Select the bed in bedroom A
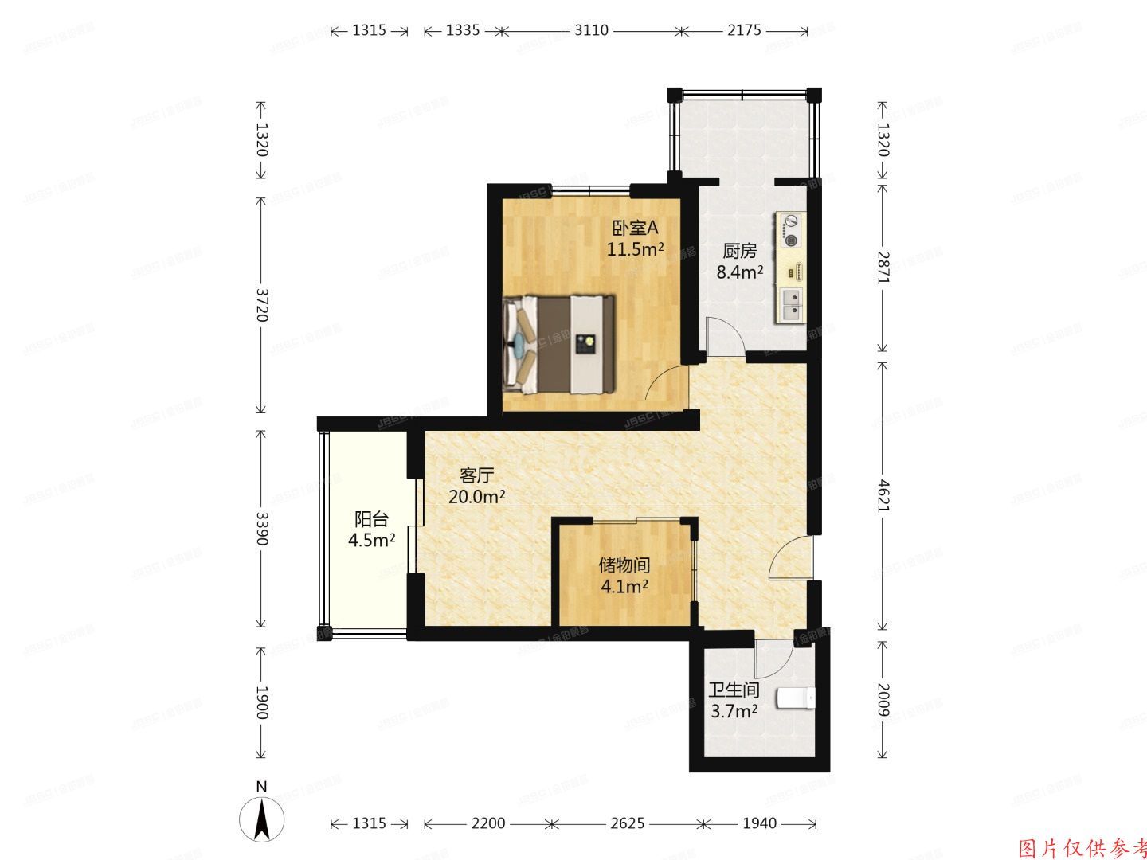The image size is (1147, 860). pos(559,344)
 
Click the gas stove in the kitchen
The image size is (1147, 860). pos(791,229)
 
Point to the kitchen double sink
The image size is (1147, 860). pos(790,305)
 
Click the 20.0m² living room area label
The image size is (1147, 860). pos(477,497)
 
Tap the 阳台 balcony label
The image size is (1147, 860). pos(371,519)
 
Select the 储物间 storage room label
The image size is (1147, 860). pos(624,565)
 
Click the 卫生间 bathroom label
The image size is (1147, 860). pos(734,690)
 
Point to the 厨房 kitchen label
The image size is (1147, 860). pos(739,252)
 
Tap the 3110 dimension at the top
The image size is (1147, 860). pos(591,30)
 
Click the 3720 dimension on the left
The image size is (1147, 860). pos(261,304)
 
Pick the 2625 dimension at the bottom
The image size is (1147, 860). pos(627,823)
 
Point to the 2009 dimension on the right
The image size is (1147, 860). pos(883,698)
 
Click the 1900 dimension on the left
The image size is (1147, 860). pos(261,702)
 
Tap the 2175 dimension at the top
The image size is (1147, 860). pos(744,30)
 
